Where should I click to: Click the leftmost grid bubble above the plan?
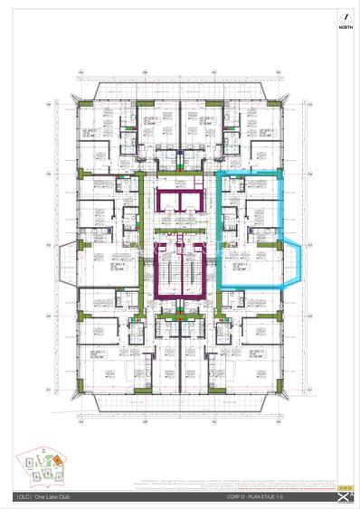(x=80, y=71)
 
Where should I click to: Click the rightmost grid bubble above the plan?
(x=279, y=71)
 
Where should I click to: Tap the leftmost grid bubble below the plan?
(x=80, y=421)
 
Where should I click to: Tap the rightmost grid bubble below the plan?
(x=279, y=421)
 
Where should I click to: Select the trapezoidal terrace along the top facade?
(x=180, y=90)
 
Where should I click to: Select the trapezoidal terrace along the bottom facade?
(x=180, y=402)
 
